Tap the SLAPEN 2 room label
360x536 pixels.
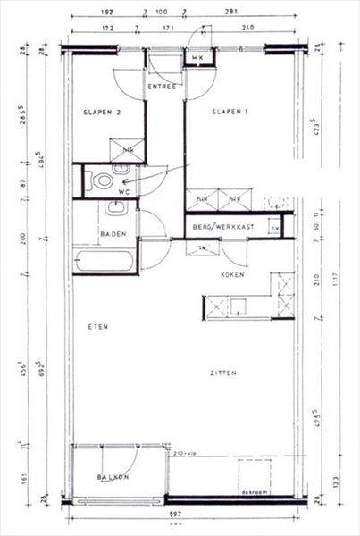click(x=101, y=112)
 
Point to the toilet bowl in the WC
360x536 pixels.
click(x=104, y=181)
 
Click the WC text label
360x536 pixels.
click(x=125, y=191)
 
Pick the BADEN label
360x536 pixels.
click(x=113, y=235)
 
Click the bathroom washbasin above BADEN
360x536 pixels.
click(x=115, y=210)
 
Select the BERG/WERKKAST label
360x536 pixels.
click(x=223, y=227)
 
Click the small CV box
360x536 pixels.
click(x=275, y=229)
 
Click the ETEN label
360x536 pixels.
click(x=97, y=327)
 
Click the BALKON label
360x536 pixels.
click(x=113, y=477)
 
